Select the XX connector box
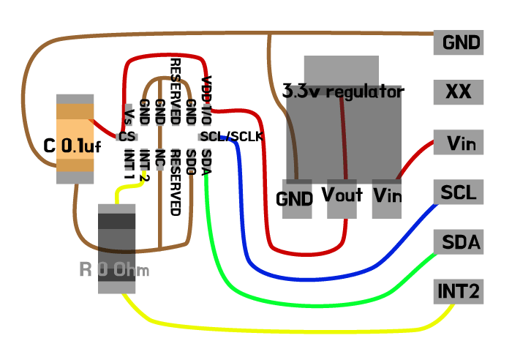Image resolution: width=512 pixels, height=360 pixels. coord(458,91)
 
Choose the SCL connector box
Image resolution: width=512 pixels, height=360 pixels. coord(458,192)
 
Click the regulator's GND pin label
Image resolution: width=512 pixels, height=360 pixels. coord(295,198)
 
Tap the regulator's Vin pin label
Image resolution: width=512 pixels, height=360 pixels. coord(388,195)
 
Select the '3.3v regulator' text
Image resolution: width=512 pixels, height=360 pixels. coord(343,92)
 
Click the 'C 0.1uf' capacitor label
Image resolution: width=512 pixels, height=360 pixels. coord(72,146)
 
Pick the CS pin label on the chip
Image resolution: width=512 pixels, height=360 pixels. coord(127,136)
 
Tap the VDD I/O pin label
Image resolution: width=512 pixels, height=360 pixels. coord(206,94)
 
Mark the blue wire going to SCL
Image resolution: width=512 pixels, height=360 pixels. coord(329,277)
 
